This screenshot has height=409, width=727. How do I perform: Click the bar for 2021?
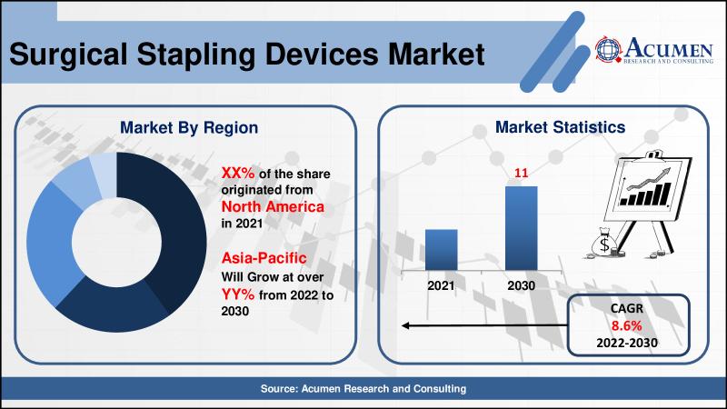pos(441,249)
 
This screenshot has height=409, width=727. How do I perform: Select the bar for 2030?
pos(521,228)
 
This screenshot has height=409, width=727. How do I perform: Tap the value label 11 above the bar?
pos(521,173)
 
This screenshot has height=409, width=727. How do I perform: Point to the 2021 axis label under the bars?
pos(441,285)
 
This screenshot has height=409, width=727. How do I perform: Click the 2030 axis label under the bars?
pos(521,285)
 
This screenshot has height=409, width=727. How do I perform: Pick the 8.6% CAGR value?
pos(626,325)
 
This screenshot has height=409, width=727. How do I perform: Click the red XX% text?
pos(238,173)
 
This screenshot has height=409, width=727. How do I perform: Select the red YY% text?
pos(238,294)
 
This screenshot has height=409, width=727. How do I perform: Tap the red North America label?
pos(273,206)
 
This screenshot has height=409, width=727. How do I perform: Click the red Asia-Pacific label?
pos(264,257)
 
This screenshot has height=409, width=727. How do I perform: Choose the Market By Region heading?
pos(189,127)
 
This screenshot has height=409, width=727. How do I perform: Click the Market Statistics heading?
pos(560,127)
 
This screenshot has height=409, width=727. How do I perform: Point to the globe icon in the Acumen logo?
pos(608,49)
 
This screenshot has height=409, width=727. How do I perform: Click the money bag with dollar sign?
pos(603,243)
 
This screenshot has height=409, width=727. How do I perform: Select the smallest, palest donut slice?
pos(104,175)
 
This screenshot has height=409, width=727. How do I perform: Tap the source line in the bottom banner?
pos(363,389)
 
